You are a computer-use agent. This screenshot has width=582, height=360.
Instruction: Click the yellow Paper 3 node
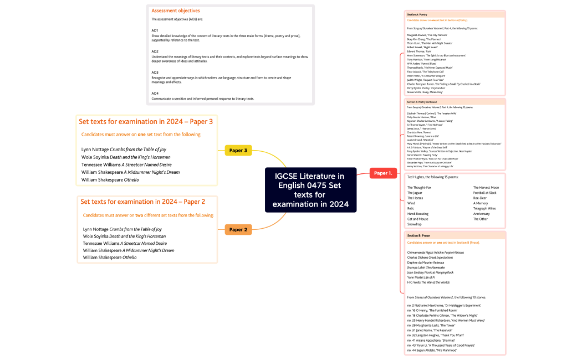(x=238, y=150)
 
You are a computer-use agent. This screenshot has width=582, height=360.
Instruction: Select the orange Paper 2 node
(x=238, y=229)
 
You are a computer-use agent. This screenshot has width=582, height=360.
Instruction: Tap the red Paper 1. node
(x=383, y=173)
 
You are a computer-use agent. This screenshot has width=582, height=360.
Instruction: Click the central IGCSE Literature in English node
(x=310, y=190)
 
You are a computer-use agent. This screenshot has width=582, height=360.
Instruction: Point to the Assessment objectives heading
(x=176, y=11)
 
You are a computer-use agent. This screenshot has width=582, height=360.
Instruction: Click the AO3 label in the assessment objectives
(x=155, y=73)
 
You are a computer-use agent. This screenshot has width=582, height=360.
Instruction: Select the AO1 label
(x=155, y=30)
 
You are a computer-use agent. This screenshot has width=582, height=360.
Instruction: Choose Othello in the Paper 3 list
(x=110, y=179)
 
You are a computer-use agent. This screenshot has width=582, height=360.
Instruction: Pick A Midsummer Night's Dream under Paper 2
(x=129, y=250)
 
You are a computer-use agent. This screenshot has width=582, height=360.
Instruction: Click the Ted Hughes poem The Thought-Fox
(x=419, y=188)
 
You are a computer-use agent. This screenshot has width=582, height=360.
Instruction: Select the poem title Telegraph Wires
(x=484, y=208)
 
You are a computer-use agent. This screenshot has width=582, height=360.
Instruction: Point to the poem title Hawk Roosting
(x=418, y=214)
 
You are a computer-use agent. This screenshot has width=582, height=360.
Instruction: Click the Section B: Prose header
(x=418, y=236)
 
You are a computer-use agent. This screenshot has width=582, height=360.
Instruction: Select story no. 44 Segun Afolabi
(x=432, y=350)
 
